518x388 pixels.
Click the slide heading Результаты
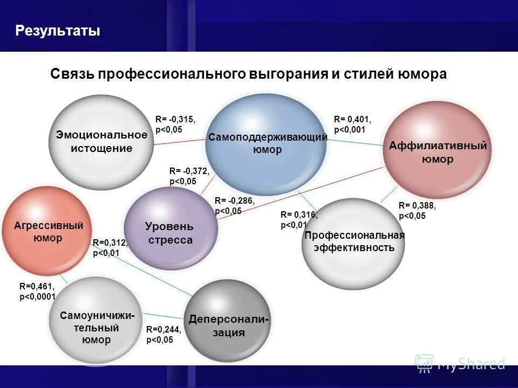[58, 31]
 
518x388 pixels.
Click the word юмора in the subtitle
[421, 74]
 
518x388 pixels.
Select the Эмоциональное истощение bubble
[101, 142]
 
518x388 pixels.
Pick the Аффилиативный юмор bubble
[438, 152]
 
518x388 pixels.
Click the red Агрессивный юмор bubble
[48, 231]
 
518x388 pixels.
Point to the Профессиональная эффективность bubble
[354, 242]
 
